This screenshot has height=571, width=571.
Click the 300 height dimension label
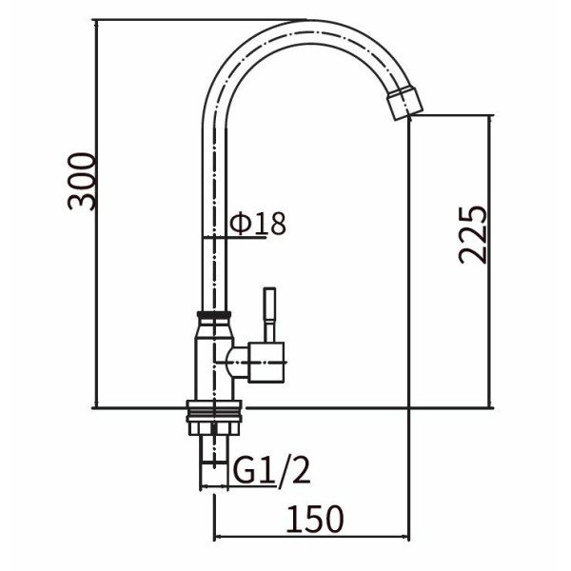coord(82,182)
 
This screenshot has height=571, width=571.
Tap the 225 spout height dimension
coord(472,235)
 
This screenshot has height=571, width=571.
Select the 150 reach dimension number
coord(315,519)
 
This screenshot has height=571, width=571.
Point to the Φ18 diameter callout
coord(258,224)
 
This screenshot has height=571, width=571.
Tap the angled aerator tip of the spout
coord(404,103)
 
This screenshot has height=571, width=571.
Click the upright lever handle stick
coord(269,315)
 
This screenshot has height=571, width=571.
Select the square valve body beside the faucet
coord(266,363)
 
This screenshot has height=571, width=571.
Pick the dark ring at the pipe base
coord(214,315)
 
